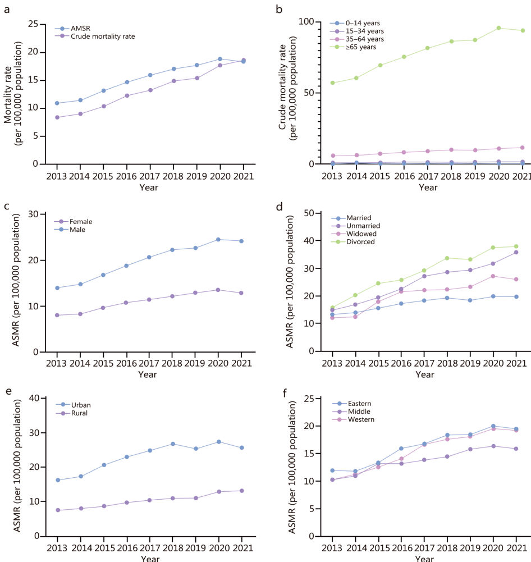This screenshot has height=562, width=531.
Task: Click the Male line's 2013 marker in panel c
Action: click(x=57, y=288)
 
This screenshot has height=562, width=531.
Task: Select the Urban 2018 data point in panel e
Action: click(x=173, y=444)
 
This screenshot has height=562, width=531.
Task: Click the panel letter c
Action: click(x=7, y=206)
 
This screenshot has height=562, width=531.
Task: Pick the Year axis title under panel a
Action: click(x=149, y=187)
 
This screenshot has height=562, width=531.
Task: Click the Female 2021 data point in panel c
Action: click(x=242, y=293)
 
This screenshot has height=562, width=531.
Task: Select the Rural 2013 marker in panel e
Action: click(x=57, y=510)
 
